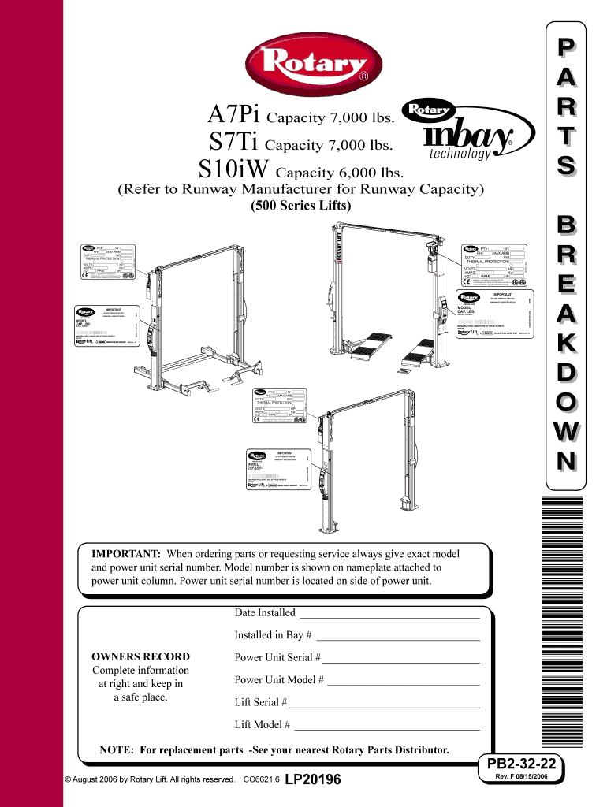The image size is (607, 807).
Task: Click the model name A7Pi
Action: [235, 117]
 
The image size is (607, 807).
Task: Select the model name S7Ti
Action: [234, 144]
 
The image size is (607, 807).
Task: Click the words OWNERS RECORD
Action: [141, 656]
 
